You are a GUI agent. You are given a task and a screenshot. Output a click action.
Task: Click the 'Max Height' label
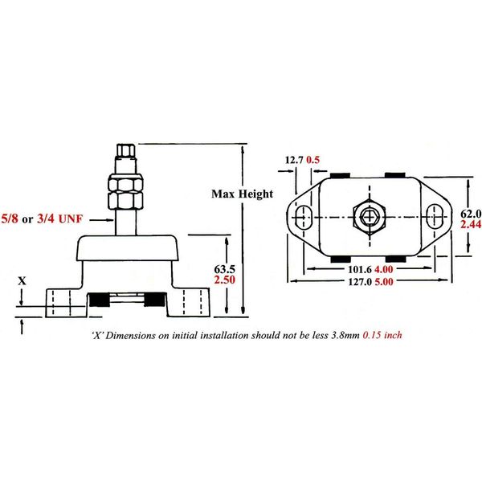tap(242, 194)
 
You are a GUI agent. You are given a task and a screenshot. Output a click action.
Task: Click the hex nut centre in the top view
tap(370, 216)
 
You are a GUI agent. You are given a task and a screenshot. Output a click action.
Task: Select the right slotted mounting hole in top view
tap(433, 216)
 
